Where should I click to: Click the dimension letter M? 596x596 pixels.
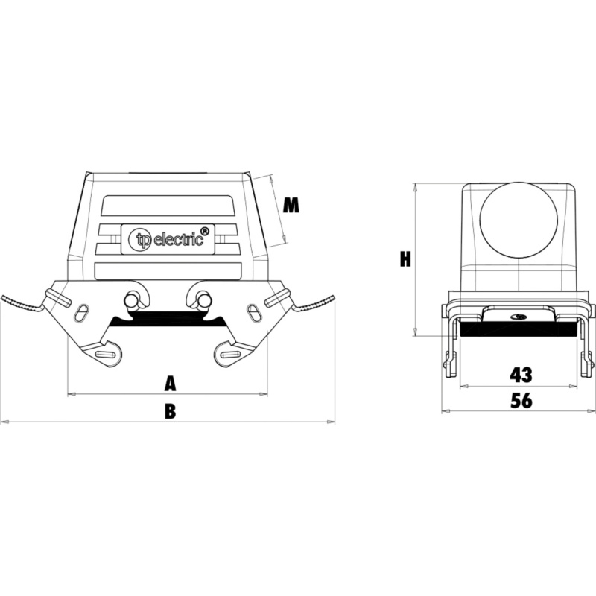point(291,206)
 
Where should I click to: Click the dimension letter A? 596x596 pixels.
point(171,384)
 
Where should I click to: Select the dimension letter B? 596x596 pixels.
point(171,411)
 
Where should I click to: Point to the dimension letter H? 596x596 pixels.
point(405,259)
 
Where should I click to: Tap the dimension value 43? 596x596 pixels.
point(521,375)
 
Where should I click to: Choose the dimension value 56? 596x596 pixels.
point(521,400)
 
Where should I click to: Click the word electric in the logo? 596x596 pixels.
point(178,240)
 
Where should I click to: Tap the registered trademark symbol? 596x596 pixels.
point(204,232)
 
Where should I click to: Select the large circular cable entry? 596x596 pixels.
point(519,221)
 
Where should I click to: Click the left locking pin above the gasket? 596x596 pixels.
point(132,300)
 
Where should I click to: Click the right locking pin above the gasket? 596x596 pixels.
point(203,300)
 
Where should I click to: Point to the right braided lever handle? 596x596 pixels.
point(314,302)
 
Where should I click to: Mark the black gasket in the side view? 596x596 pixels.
point(519,329)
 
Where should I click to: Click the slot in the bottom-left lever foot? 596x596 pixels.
point(107,355)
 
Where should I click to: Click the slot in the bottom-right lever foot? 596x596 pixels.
point(230,355)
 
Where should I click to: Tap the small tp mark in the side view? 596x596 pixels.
point(518,316)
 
